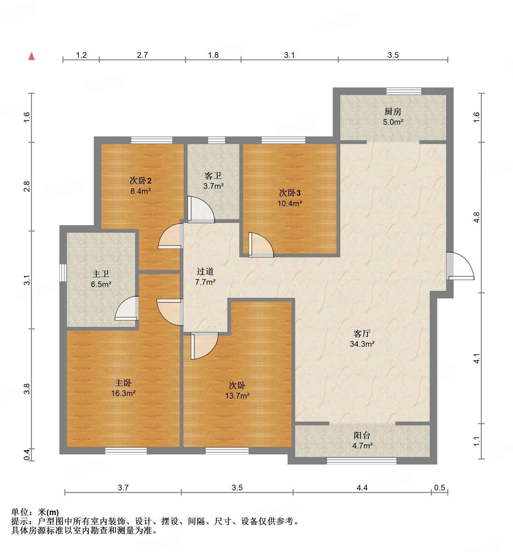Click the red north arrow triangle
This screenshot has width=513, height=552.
pos(32,57)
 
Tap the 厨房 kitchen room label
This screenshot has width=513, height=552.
pos(393,112)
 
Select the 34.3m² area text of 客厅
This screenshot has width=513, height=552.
pos(362,344)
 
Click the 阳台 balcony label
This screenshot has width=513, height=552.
pos(362,435)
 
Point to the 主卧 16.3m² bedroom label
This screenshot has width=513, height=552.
pos(123,388)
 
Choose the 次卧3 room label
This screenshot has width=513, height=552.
pos(289,193)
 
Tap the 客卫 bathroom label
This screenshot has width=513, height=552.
pos(213,176)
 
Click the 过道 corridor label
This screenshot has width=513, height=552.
pos(205,272)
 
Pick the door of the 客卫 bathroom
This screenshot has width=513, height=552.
pos(200,209)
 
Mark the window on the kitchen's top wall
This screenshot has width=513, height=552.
pos(404,91)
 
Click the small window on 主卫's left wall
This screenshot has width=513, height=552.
pos(63,273)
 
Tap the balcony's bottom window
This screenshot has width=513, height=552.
pos(361,461)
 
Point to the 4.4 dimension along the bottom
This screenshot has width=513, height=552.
pos(362,488)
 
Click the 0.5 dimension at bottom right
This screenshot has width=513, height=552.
pos(439,488)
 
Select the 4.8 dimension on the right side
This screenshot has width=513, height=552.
pos(476,217)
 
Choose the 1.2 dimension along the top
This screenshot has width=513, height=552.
pos(81,55)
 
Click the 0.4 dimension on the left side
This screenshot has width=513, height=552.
pos(27,454)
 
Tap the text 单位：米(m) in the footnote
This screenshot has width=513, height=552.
pos(35,512)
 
